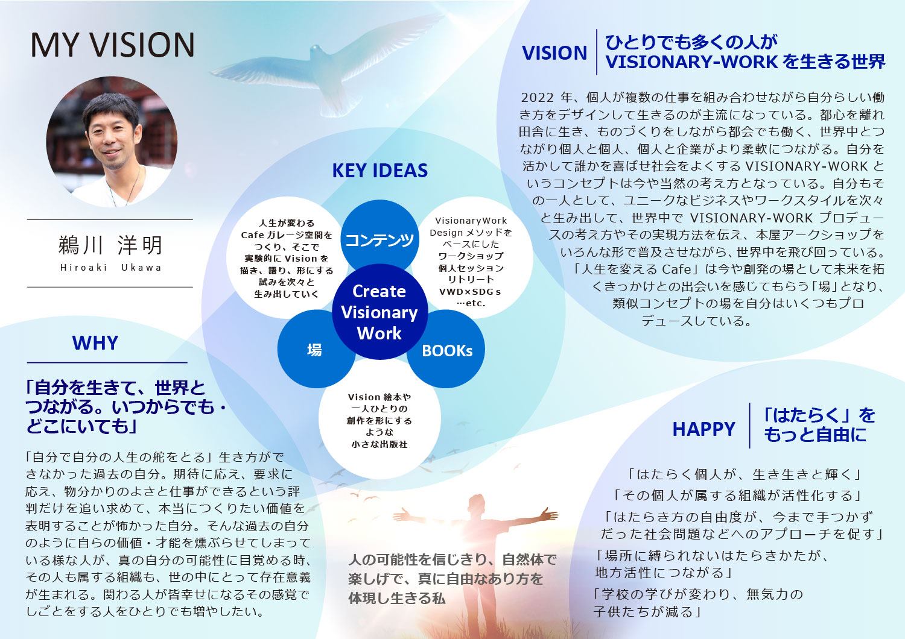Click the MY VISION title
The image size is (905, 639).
[x=113, y=45]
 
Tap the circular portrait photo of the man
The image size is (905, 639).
[x=112, y=142]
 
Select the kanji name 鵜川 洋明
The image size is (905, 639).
[x=110, y=245]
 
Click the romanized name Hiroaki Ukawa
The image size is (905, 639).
[x=110, y=268]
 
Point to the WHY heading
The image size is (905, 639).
[x=95, y=343]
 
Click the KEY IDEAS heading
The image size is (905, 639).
[x=379, y=171]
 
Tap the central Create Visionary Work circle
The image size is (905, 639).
[x=379, y=312]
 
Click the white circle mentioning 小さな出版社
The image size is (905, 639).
[x=379, y=420]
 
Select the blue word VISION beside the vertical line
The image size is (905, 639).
[x=554, y=53]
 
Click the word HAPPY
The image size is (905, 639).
[x=703, y=429]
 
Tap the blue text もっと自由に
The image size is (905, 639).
[x=815, y=435]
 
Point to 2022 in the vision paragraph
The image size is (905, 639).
[x=538, y=98]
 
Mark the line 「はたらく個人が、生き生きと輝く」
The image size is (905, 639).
[x=744, y=474]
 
